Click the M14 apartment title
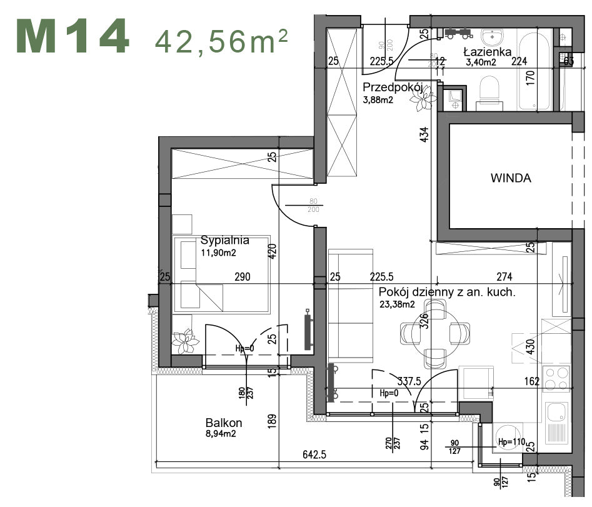(x=73, y=38)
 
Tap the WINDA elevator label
(x=510, y=178)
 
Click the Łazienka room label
(x=488, y=52)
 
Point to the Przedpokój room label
(x=393, y=87)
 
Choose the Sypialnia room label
(x=225, y=240)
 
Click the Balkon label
(x=223, y=423)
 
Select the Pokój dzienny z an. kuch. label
(x=447, y=292)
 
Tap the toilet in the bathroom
(x=489, y=92)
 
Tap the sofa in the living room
(x=350, y=306)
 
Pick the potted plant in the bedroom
(x=185, y=341)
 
